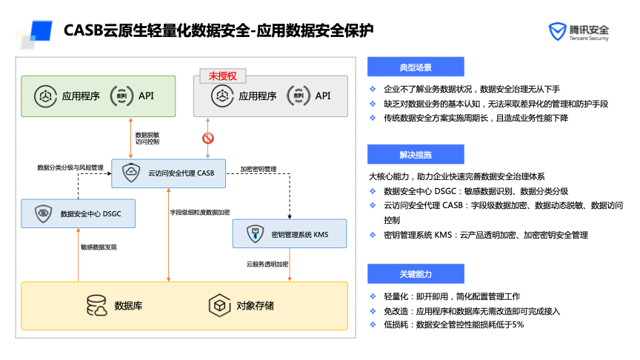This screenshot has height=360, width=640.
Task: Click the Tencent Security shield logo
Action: (x=556, y=31)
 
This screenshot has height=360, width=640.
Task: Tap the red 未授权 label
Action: (x=222, y=76)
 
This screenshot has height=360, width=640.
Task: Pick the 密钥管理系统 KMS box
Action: (x=290, y=234)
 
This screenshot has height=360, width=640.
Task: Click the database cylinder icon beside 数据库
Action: (x=97, y=305)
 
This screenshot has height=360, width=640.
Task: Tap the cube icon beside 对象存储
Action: (x=219, y=305)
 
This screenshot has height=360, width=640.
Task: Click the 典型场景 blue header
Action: (x=415, y=67)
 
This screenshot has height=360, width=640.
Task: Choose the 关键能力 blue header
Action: (x=415, y=274)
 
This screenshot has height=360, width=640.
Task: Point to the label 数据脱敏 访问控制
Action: (x=147, y=138)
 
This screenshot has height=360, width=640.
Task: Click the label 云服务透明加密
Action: (x=267, y=263)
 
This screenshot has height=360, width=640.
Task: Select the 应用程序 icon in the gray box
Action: (x=219, y=96)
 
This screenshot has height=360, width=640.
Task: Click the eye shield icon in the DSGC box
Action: (x=43, y=213)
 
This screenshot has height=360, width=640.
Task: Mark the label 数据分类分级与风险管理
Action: (x=70, y=168)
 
